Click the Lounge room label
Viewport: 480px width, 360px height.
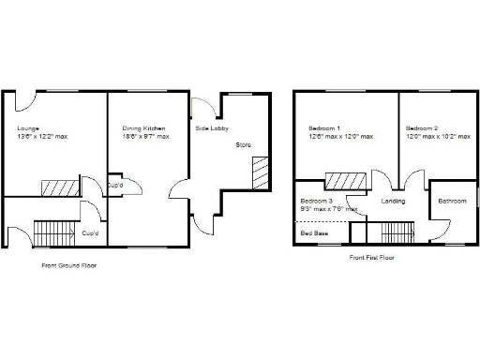click(27, 127)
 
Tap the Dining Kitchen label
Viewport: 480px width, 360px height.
click(143, 127)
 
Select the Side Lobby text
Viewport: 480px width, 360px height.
click(208, 127)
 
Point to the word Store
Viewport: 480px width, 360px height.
click(243, 145)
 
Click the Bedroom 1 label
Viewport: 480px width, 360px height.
click(324, 127)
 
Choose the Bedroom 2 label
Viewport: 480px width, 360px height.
click(421, 127)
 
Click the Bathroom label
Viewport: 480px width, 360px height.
click(454, 201)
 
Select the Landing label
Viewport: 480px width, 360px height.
click(393, 201)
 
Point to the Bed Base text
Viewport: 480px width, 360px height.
click(314, 232)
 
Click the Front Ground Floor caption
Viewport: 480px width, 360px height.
click(68, 265)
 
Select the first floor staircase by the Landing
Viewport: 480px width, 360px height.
click(397, 231)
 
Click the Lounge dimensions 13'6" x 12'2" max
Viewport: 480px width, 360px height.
click(42, 137)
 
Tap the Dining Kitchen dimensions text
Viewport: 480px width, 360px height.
click(145, 137)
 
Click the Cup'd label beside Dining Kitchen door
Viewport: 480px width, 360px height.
click(116, 185)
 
